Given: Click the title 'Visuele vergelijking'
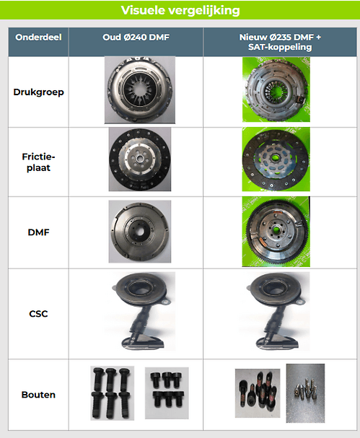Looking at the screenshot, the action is (180, 10).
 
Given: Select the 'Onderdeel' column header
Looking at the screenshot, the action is (38, 37).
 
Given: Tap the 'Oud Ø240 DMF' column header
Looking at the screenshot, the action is (136, 37).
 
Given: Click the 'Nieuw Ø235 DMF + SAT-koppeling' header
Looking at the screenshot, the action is (280, 42).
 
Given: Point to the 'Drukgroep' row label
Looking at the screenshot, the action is (38, 92).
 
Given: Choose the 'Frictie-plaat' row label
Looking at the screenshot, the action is (38, 162).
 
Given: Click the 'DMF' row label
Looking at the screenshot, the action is (38, 232).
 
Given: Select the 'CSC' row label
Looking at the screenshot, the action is (38, 314).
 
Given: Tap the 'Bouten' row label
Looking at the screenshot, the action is (38, 395).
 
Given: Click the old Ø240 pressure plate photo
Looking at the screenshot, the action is (140, 90).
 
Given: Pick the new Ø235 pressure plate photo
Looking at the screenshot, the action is (276, 89).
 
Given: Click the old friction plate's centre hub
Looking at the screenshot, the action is (140, 159).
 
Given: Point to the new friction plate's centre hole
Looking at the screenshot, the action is (276, 159).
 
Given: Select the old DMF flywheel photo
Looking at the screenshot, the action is (140, 232).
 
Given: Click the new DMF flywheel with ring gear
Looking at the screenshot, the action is (276, 232).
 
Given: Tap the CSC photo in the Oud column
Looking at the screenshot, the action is (141, 312).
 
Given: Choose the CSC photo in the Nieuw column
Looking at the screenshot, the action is (275, 312).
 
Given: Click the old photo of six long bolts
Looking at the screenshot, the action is (113, 393).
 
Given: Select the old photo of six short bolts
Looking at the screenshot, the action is (167, 393).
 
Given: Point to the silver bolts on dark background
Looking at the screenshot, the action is (306, 393).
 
